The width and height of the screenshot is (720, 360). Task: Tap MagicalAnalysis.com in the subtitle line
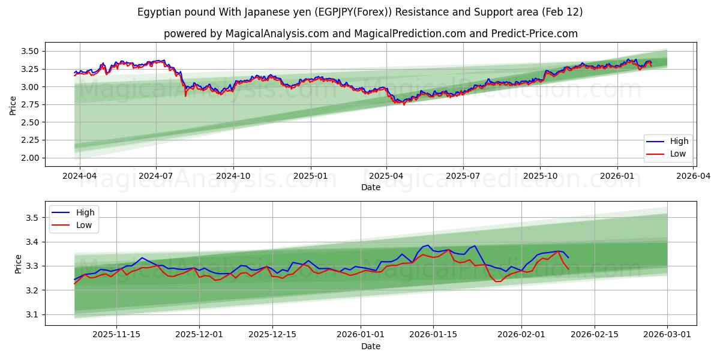tap(277, 34)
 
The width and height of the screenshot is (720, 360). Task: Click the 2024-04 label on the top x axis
tap(79, 176)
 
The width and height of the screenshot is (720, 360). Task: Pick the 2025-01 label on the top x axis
tap(311, 176)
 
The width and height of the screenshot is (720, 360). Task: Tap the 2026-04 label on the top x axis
tap(694, 176)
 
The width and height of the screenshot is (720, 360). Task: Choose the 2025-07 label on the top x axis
tap(463, 176)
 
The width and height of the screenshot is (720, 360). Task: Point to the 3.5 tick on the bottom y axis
tap(34, 218)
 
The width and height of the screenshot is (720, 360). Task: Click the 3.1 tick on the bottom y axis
tap(34, 314)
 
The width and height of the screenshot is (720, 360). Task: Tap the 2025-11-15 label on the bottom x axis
tap(116, 335)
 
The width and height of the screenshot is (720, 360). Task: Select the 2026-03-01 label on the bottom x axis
tap(667, 335)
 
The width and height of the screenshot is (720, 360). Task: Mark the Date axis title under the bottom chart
tap(370, 346)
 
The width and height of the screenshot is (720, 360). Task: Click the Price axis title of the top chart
tap(13, 104)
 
